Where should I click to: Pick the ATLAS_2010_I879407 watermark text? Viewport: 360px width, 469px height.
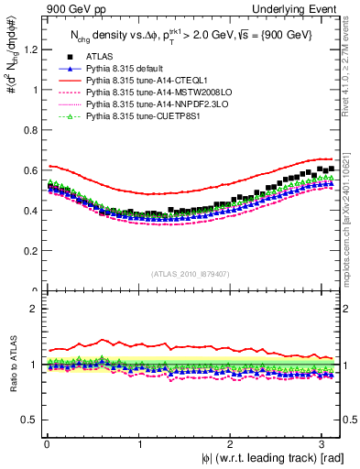point(191,272)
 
